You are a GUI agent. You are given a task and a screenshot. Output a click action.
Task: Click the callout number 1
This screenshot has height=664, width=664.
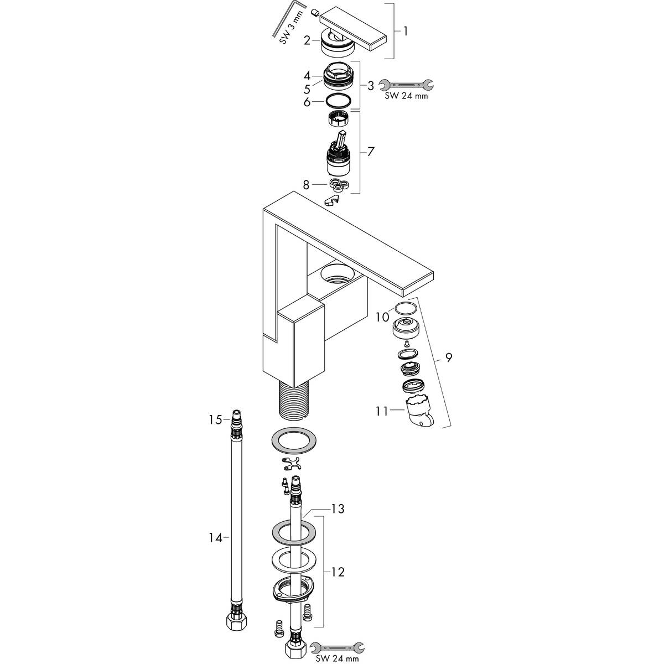pos(406,32)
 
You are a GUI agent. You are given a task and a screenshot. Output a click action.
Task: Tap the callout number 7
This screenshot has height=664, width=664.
pos(370,151)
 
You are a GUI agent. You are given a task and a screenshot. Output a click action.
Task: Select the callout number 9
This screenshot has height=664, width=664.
pos(448,357)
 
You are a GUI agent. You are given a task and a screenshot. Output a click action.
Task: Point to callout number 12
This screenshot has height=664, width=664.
pos(338,572)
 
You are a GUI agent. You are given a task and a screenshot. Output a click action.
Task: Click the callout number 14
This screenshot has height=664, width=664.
pos(215,537)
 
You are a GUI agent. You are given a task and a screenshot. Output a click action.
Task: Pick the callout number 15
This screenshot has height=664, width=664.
pos(215,419)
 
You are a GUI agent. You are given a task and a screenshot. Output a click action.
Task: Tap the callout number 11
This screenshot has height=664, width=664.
pos(382,411)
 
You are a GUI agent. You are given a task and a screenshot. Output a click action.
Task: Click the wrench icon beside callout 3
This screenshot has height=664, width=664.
pos(406,85)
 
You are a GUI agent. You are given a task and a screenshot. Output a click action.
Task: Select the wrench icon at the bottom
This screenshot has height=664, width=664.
pos(337,648)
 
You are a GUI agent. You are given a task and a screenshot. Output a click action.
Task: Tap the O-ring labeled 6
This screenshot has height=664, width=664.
pos(339,102)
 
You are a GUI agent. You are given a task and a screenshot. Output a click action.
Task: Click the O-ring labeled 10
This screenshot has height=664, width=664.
pos(406,308)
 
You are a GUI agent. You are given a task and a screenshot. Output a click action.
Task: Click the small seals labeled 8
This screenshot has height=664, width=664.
pos(339,184)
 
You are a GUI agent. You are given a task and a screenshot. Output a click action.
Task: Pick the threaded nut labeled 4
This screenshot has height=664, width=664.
pos(338,75)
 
